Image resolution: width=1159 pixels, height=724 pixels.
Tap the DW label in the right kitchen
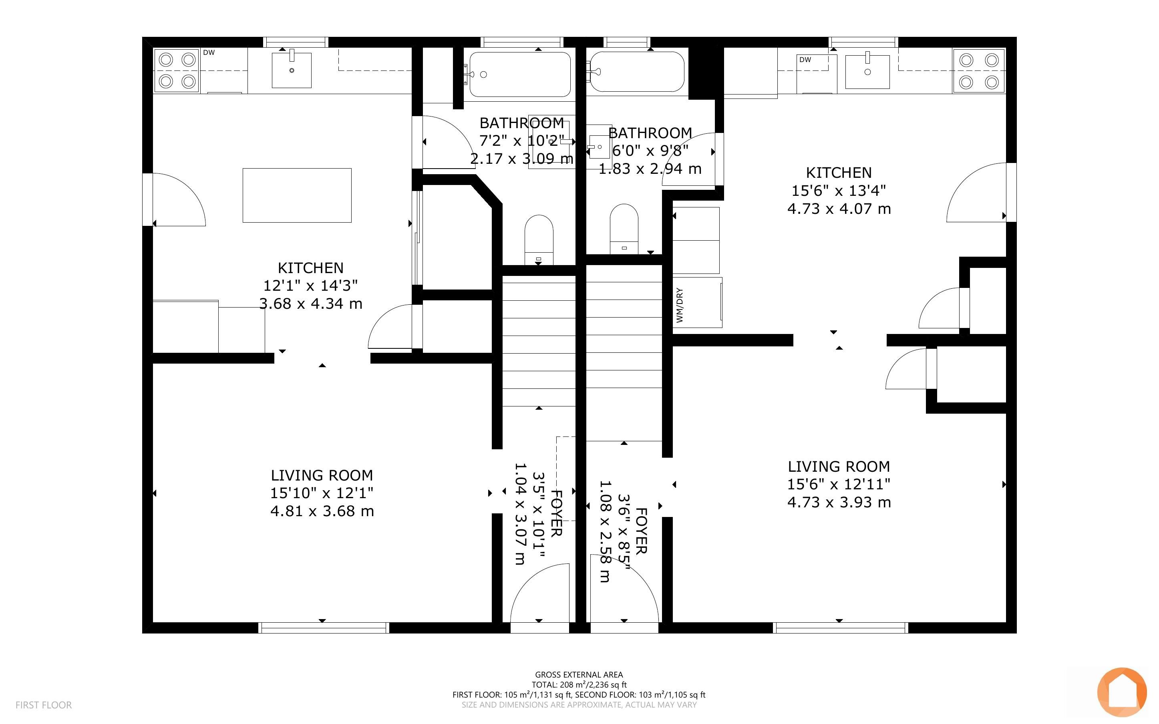(x=805, y=60)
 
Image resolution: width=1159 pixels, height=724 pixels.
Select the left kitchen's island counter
(x=297, y=195)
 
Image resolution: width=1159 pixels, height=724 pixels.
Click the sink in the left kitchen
(x=292, y=70)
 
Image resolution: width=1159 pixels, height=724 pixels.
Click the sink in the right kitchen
(x=867, y=72)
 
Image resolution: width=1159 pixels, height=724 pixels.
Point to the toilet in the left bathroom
(x=539, y=239)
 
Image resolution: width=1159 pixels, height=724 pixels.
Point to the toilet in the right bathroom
(x=624, y=229)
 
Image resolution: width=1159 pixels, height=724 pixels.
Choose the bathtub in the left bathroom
(x=519, y=74)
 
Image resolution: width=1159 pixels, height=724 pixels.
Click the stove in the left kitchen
(x=176, y=70)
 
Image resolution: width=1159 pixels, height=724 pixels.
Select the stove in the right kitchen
(x=979, y=71)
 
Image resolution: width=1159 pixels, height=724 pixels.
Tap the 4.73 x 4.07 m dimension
(x=839, y=209)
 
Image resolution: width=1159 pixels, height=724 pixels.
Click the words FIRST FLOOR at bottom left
(x=44, y=705)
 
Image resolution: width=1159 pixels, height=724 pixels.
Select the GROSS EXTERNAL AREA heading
(x=579, y=675)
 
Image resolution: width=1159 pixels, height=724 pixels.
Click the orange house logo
(x=1122, y=692)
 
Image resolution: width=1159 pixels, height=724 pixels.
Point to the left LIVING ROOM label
(x=322, y=475)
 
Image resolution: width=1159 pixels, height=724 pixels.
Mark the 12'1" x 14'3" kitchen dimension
(x=310, y=286)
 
